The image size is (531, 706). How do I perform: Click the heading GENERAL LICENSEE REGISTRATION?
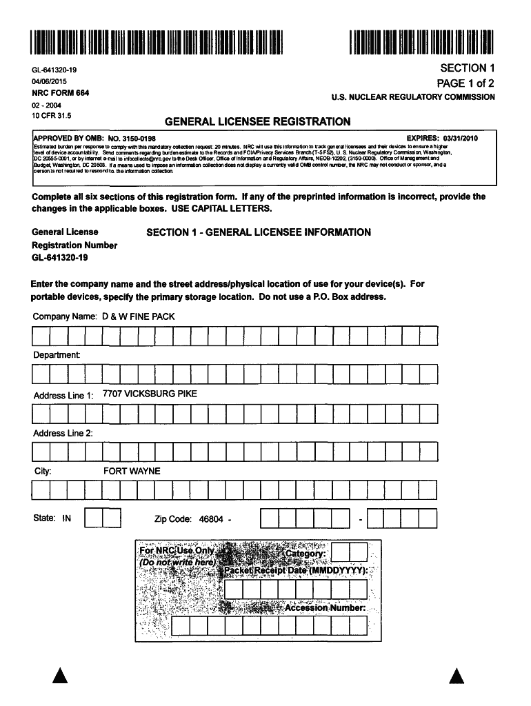pyautogui.click(x=257, y=122)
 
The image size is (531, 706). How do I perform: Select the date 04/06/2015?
pyautogui.click(x=48, y=81)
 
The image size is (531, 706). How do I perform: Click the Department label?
pyautogui.click(x=57, y=355)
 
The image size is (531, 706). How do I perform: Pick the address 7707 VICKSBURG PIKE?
pyautogui.click(x=150, y=394)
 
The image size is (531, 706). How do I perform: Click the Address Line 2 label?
pyautogui.click(x=63, y=433)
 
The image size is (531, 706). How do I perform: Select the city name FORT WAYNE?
pyautogui.click(x=132, y=472)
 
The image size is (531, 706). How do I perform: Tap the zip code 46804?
pyautogui.click(x=211, y=518)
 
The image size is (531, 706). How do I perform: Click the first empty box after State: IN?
pyautogui.click(x=93, y=518)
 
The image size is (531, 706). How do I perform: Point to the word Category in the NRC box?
pyautogui.click(x=305, y=554)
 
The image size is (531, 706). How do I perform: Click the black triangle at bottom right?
pyautogui.click(x=456, y=676)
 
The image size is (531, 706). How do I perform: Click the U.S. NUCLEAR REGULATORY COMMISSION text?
pyautogui.click(x=413, y=97)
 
